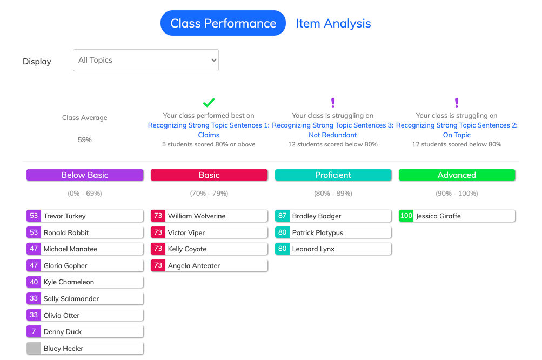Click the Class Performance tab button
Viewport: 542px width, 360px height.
coord(223,23)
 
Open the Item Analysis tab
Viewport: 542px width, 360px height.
coord(333,24)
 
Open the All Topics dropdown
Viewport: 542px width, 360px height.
coord(146,60)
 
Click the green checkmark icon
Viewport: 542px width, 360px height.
coord(209,102)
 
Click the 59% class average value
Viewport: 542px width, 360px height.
coord(85,139)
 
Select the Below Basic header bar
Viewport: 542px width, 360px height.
coord(85,175)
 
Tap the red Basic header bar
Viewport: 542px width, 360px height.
coord(209,175)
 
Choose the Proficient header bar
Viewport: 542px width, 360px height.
coord(333,175)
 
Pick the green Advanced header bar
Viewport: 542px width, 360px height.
coord(457,175)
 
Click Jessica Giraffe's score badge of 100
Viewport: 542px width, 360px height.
coord(406,216)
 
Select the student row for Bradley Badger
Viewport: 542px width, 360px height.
coord(333,216)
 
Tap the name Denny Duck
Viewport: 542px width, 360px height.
coord(63,332)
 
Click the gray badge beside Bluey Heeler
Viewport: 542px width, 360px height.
coord(34,348)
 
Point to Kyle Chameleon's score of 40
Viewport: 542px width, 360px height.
coord(34,282)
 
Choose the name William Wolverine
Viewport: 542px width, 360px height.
coord(197,216)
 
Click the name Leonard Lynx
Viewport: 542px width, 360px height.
coord(313,249)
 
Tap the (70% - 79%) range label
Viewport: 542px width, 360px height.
coord(209,194)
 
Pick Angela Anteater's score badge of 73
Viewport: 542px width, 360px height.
coord(158,265)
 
